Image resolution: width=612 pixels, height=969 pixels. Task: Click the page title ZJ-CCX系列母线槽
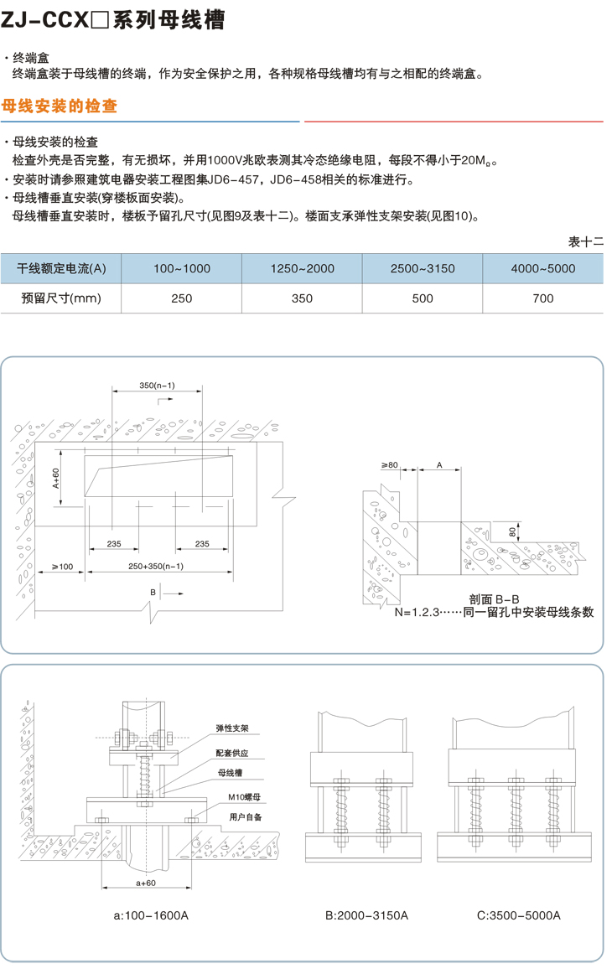pos(113,20)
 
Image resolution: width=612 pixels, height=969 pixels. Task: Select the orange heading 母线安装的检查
pos(60,107)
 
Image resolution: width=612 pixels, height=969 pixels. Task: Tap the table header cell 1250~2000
pos(302,268)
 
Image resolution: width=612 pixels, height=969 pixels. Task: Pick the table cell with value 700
pos(542,298)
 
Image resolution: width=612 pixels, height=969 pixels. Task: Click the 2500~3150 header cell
pos(422,268)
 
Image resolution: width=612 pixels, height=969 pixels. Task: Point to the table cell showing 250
pos(181,298)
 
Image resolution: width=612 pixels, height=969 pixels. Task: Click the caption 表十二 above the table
pos(586,241)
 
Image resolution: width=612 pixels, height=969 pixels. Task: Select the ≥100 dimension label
pos(61,567)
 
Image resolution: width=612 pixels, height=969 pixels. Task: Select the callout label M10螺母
pos(232,797)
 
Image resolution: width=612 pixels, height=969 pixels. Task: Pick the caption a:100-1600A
pos(151,915)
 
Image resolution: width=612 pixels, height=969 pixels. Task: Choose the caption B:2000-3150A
pos(366,915)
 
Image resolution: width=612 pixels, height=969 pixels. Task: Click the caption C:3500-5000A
pos(518,915)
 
